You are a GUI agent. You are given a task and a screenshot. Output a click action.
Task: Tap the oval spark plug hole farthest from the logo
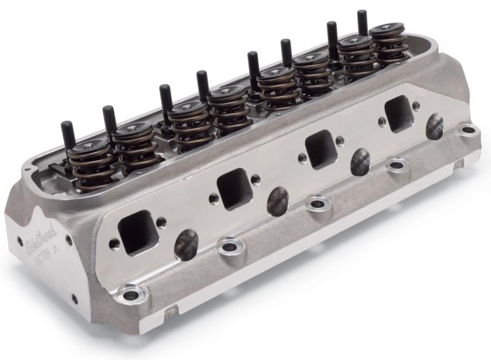(x=435, y=126)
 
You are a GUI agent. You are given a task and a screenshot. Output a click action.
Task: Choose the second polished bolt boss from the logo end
(x=231, y=247)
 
